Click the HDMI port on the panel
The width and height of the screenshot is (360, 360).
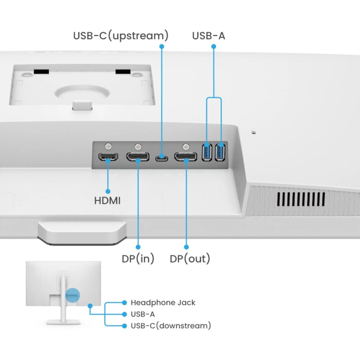pyautogui.click(x=108, y=157)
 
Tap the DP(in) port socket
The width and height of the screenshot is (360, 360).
pyautogui.click(x=138, y=157)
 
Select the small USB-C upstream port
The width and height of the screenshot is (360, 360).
pyautogui.click(x=161, y=158)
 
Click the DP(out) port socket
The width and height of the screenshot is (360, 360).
pyautogui.click(x=186, y=157)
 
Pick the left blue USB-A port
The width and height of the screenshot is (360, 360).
pyautogui.click(x=207, y=152)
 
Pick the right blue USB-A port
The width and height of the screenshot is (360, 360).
pyautogui.click(x=220, y=152)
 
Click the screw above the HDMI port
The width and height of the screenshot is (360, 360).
pyautogui.click(x=108, y=146)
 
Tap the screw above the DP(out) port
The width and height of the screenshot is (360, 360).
pyautogui.click(x=186, y=146)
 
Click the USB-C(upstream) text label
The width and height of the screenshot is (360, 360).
pyautogui.click(x=121, y=36)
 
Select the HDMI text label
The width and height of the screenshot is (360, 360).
pyautogui.click(x=107, y=201)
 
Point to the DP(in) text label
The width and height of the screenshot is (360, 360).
pyautogui.click(x=138, y=258)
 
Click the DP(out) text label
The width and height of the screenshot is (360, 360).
pyautogui.click(x=190, y=258)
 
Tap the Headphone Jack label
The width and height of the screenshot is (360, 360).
pyautogui.click(x=163, y=302)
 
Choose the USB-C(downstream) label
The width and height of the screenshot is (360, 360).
pyautogui.click(x=171, y=326)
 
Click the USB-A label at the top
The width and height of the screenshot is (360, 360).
pyautogui.click(x=208, y=36)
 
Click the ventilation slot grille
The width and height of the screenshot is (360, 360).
pyautogui.click(x=301, y=199)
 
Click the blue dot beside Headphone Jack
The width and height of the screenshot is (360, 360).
pyautogui.click(x=125, y=302)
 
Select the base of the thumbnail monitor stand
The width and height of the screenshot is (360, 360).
pyautogui.click(x=63, y=321)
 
